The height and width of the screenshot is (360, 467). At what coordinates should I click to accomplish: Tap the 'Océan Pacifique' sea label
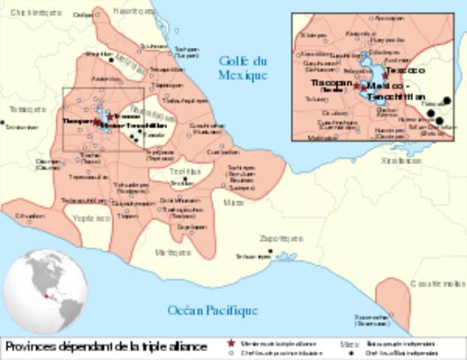tap(212, 310)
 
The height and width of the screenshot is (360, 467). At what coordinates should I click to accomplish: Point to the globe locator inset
tap(43, 288)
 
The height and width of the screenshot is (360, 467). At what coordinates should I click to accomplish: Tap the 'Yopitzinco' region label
tap(92, 217)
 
